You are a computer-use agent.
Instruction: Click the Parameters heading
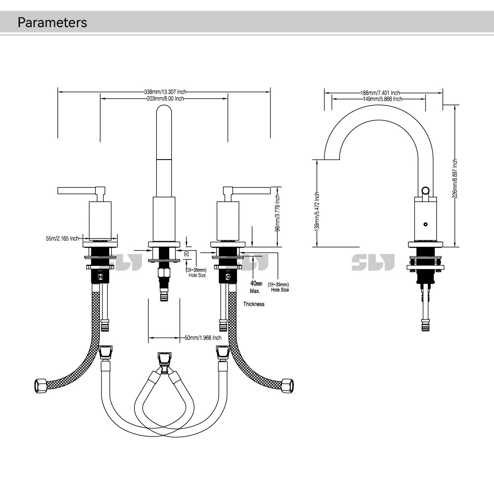click(52, 22)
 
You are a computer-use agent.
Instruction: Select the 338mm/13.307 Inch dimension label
click(165, 92)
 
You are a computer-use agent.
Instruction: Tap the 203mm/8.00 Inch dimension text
click(165, 99)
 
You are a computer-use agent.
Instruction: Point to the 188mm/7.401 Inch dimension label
click(380, 93)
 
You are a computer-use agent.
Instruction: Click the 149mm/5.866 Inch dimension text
click(383, 99)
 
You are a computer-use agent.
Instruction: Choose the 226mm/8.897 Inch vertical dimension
click(455, 178)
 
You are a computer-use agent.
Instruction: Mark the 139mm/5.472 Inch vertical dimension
click(317, 211)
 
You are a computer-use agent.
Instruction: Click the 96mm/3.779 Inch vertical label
click(278, 213)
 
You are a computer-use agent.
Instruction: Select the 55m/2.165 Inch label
click(62, 238)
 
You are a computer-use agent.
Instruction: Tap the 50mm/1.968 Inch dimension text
click(203, 338)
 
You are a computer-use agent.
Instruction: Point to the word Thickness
click(254, 304)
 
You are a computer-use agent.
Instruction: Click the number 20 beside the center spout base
click(186, 254)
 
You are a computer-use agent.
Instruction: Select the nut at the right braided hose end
click(287, 385)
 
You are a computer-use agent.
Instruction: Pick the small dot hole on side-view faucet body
click(425, 224)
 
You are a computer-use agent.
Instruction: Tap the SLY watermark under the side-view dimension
click(373, 262)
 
